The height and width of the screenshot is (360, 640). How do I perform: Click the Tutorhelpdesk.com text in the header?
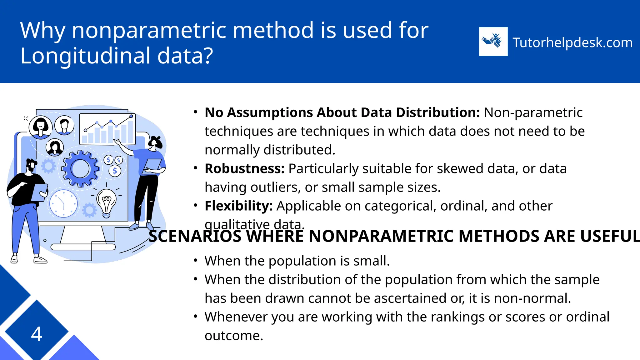572,42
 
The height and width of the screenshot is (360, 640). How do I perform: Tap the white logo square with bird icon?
493,42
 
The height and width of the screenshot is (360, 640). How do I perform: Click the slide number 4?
37,334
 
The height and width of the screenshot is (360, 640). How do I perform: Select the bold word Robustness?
244,169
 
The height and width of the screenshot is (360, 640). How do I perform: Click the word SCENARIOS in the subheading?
195,236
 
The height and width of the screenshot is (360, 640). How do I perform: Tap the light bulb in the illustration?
106,202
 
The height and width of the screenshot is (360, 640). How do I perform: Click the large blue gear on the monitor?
80,169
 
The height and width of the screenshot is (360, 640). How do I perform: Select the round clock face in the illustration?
63,203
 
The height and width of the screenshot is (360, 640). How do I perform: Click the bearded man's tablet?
39,192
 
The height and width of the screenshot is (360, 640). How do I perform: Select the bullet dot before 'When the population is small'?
195,260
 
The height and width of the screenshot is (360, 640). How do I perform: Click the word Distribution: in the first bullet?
437,112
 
